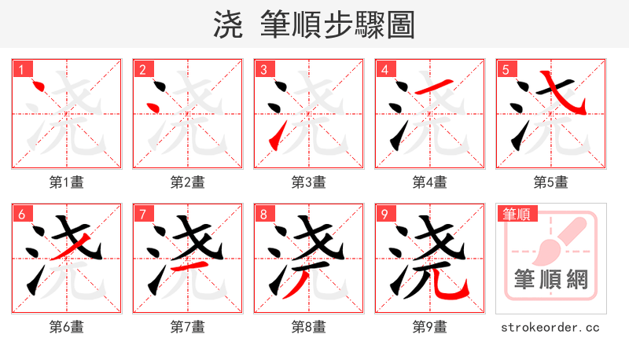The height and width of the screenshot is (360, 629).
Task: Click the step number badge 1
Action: (x=21, y=69)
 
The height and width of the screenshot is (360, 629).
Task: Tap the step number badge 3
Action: (x=263, y=69)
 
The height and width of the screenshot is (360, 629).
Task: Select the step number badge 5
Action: (x=506, y=69)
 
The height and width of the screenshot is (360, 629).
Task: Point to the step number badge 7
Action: (x=142, y=214)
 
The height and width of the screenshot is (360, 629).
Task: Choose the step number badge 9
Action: (x=384, y=214)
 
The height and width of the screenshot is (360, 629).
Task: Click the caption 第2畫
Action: (x=187, y=182)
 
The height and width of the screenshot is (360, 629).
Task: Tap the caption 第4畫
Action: (x=429, y=182)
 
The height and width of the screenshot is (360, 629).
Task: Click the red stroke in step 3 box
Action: (x=274, y=141)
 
